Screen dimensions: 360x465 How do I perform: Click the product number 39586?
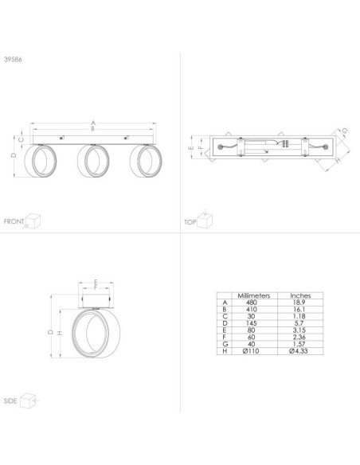point(13,59)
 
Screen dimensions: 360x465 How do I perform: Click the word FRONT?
point(14,221)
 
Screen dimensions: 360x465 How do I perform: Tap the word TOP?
point(190,222)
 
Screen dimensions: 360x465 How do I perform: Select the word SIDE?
point(10,401)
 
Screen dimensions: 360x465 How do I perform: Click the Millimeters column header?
point(254,295)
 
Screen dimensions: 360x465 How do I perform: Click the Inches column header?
point(300,295)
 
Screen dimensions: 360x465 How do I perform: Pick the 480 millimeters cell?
point(252,303)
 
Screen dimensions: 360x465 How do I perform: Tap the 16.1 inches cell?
point(299,309)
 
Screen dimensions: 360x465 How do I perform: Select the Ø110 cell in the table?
point(251,351)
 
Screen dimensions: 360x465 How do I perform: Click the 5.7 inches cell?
point(299,323)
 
